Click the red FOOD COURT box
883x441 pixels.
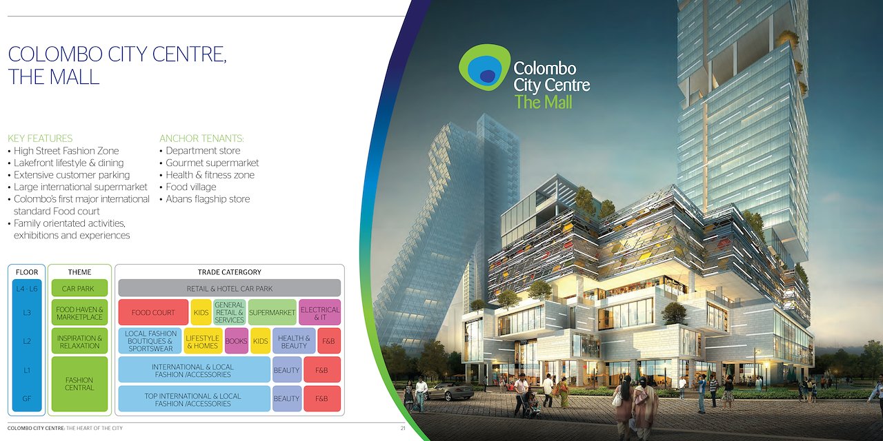[153, 312]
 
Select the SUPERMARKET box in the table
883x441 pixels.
[272, 312]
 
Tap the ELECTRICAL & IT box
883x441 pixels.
[319, 312]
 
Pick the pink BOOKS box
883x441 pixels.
[237, 341]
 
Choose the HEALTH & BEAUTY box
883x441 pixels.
[294, 341]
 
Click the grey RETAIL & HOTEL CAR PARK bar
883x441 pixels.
[230, 288]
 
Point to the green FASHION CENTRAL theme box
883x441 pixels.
[79, 384]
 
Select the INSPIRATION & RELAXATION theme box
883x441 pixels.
[79, 341]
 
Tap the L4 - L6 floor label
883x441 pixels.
[27, 289]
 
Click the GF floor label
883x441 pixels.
[27, 398]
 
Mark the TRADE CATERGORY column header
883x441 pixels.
[230, 272]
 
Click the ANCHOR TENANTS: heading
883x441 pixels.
[201, 139]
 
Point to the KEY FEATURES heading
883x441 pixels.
[40, 139]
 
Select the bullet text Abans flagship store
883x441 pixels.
[208, 199]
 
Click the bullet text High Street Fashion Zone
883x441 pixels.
[66, 151]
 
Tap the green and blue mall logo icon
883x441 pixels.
[484, 67]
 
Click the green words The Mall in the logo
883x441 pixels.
[543, 102]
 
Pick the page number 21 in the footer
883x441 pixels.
[403, 428]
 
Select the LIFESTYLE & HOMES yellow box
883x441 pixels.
[203, 341]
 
